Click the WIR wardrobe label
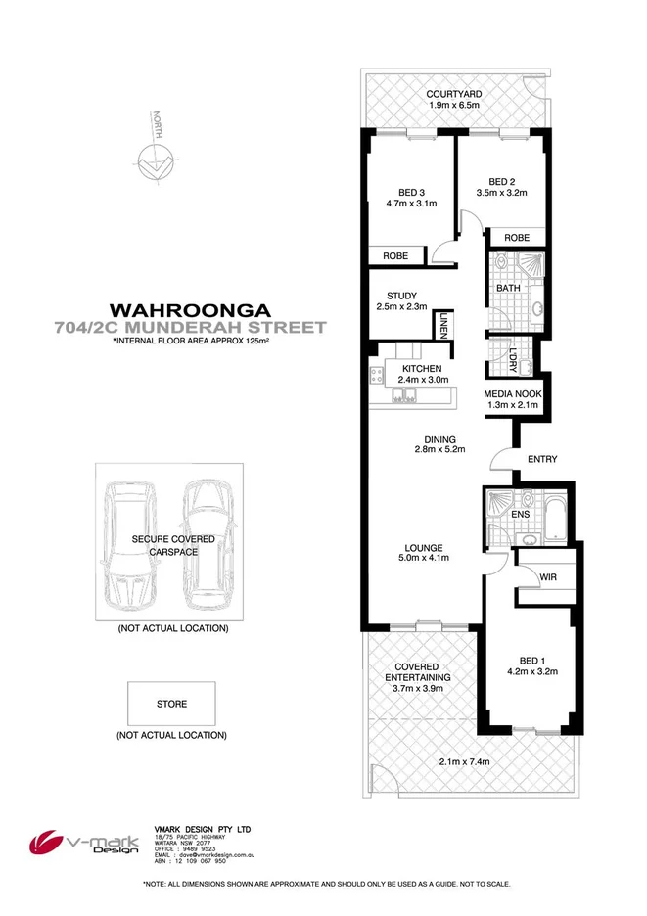pyautogui.click(x=548, y=578)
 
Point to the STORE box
pyautogui.click(x=171, y=704)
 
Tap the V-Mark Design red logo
pyautogui.click(x=50, y=841)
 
